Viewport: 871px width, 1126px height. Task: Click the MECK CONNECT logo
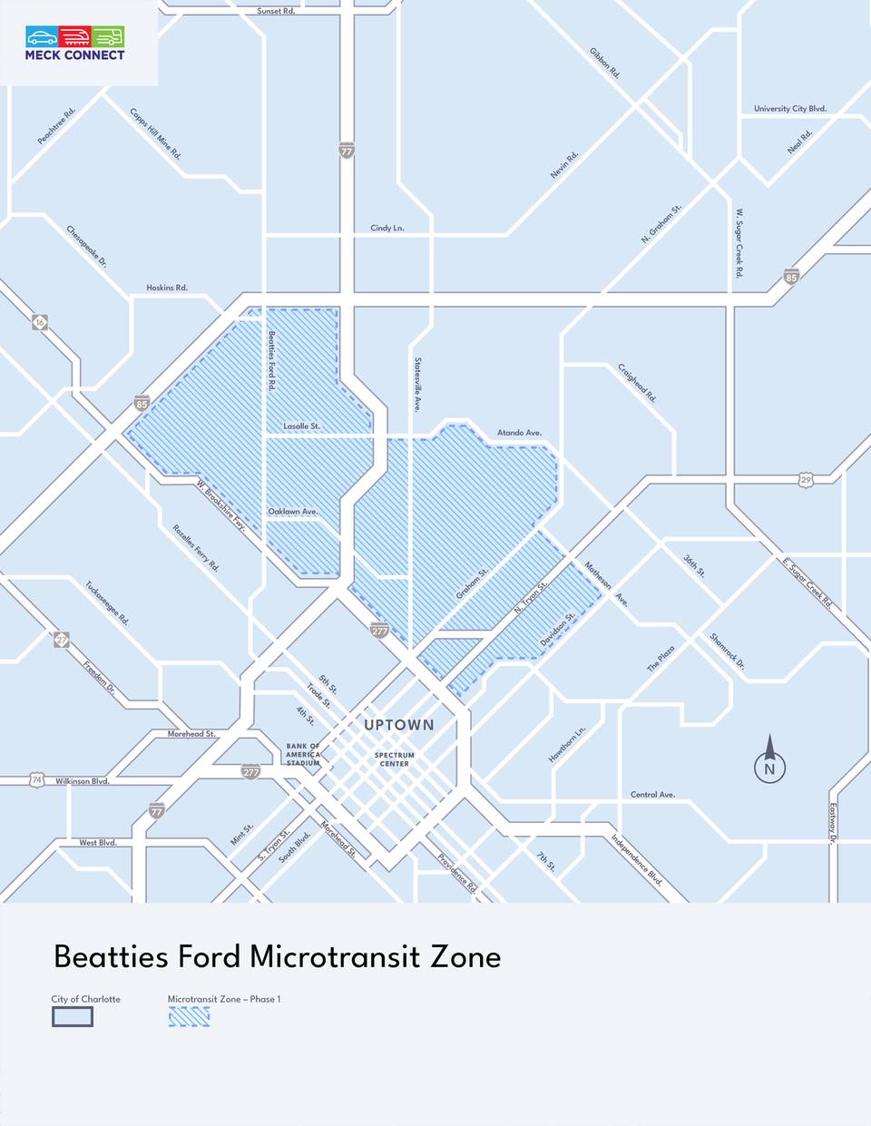pyautogui.click(x=75, y=43)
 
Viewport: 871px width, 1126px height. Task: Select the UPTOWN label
pyautogui.click(x=398, y=725)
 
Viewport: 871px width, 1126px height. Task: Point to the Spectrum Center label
pyautogui.click(x=395, y=759)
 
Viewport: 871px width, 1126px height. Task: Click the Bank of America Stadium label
pyautogui.click(x=303, y=754)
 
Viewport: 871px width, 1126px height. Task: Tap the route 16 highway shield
pyautogui.click(x=40, y=322)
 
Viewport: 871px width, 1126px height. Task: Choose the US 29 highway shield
pyautogui.click(x=806, y=478)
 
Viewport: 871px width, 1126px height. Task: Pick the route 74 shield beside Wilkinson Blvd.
pyautogui.click(x=36, y=779)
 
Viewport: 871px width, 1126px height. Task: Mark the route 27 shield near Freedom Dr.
pyautogui.click(x=61, y=640)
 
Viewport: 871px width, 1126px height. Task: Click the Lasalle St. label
pyautogui.click(x=301, y=426)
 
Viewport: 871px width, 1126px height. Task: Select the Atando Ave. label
pyautogui.click(x=519, y=433)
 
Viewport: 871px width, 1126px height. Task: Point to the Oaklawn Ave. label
pyautogui.click(x=293, y=512)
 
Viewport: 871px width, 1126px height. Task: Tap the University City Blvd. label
pyautogui.click(x=789, y=109)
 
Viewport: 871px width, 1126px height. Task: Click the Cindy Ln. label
pyautogui.click(x=387, y=228)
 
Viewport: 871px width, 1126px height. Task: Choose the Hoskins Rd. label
pyautogui.click(x=167, y=288)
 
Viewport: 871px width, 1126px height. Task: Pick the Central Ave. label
pyautogui.click(x=652, y=795)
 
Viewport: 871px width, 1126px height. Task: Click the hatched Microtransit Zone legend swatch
pyautogui.click(x=189, y=1017)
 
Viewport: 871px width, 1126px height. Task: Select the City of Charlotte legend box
pyautogui.click(x=72, y=1017)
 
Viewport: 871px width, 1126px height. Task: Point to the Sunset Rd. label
pyautogui.click(x=276, y=11)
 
